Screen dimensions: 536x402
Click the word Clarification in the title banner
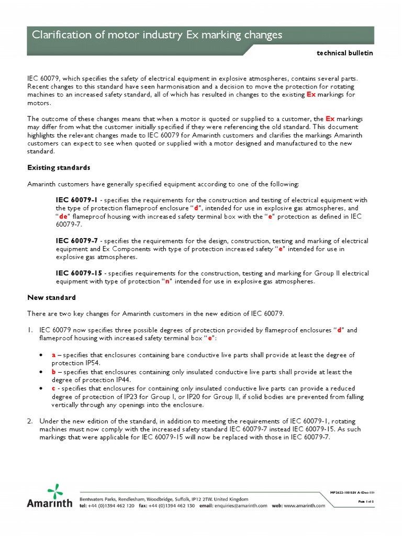coord(59,36)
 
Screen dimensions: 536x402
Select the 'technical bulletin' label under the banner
coord(345,54)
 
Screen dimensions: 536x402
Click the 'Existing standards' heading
coord(59,167)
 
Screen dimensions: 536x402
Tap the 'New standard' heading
coord(51,297)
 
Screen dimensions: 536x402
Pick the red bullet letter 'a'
coord(53,355)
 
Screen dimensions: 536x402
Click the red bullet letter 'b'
coord(53,372)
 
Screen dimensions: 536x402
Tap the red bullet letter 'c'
coord(53,388)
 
